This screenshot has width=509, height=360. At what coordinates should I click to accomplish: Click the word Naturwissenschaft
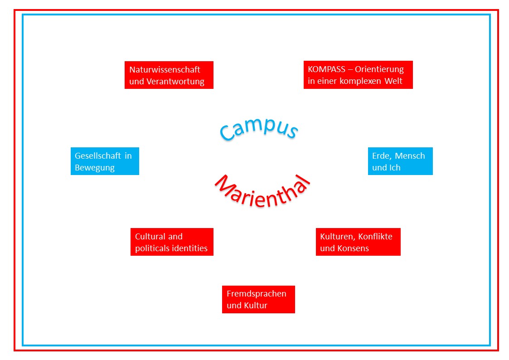pyautogui.click(x=165, y=70)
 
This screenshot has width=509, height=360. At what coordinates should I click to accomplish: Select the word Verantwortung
pyautogui.click(x=175, y=82)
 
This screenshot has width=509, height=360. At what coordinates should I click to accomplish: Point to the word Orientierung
pyautogui.click(x=379, y=69)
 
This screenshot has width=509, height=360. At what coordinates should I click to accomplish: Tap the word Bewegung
pyautogui.click(x=95, y=167)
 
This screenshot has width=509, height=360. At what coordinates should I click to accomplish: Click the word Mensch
pyautogui.click(x=410, y=156)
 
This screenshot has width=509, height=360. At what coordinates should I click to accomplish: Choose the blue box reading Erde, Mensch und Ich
pyautogui.click(x=400, y=161)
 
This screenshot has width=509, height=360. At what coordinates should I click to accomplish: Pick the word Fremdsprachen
pyautogui.click(x=256, y=293)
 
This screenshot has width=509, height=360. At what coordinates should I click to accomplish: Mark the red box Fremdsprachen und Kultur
pyautogui.click(x=258, y=299)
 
